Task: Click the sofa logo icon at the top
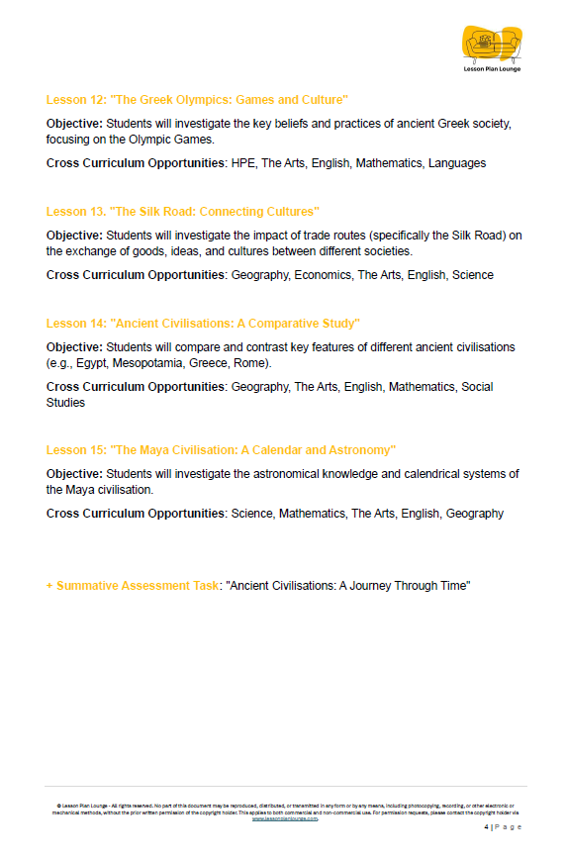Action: pos(492,43)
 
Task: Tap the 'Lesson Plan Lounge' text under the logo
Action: pos(492,69)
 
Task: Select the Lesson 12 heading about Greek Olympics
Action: pos(197,100)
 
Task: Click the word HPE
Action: pos(242,163)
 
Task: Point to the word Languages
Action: pos(456,163)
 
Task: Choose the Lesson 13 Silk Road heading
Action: pos(182,212)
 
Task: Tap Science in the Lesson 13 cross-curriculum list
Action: pos(472,275)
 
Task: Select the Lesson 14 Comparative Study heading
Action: pos(203,324)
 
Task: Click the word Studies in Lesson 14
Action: pos(65,403)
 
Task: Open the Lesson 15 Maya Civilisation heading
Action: pos(221,450)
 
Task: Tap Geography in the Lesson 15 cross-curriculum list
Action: pos(474,514)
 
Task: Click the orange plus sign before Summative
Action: pos(49,586)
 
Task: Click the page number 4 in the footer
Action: pos(485,826)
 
